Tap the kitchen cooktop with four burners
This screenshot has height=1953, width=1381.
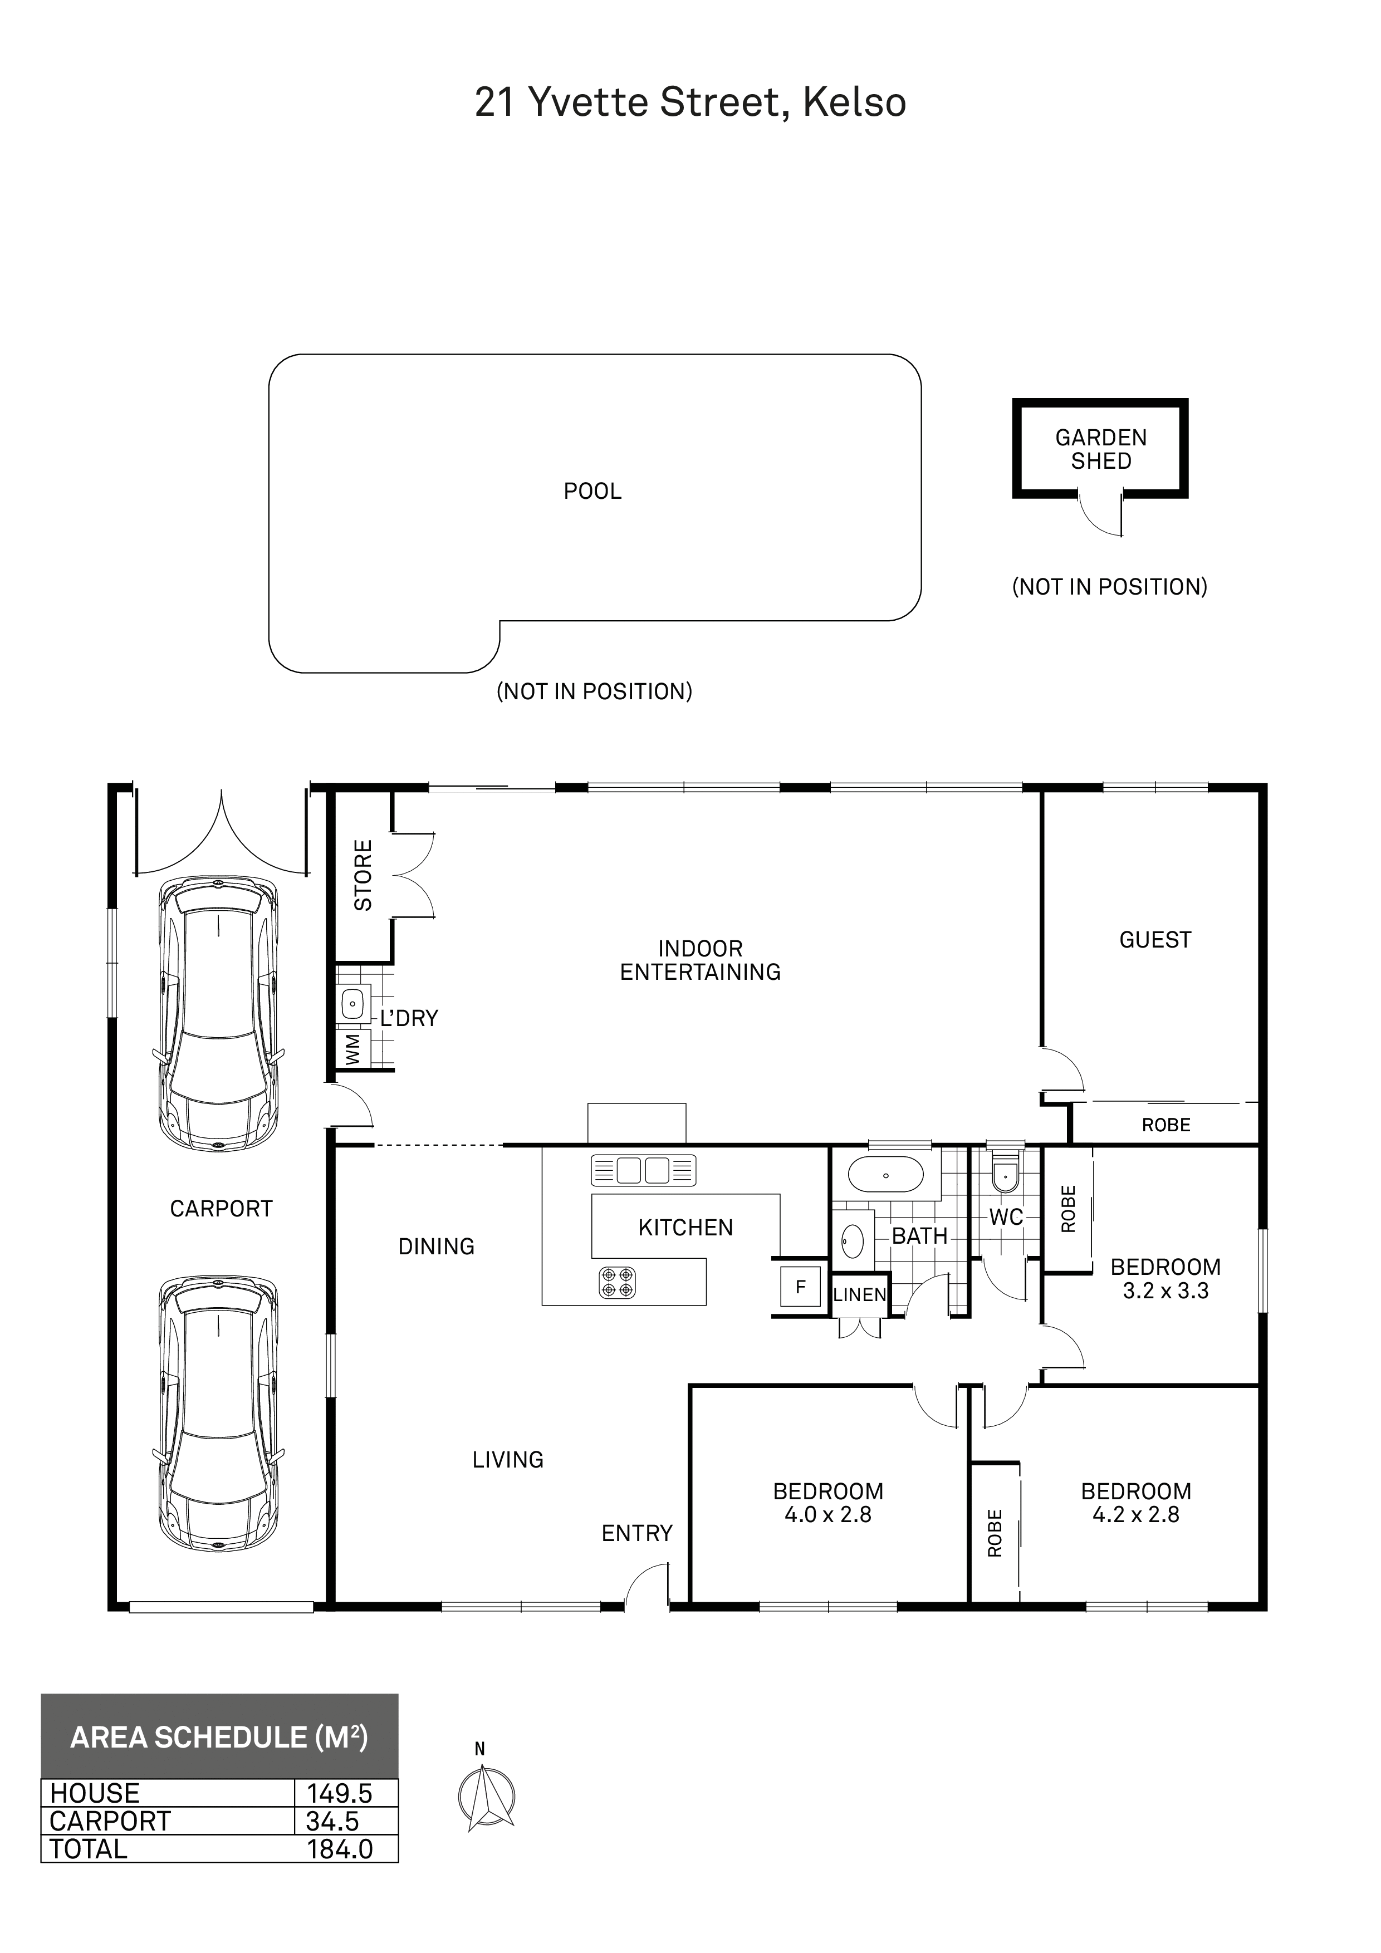[617, 1282]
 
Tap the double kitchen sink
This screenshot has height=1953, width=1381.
[643, 1170]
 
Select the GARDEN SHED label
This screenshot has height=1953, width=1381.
[1101, 449]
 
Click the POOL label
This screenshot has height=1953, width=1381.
[592, 492]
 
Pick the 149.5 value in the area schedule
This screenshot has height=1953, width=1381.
[340, 1793]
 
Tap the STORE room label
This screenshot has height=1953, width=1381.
[363, 875]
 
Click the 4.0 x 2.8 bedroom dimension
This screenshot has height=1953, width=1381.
[828, 1514]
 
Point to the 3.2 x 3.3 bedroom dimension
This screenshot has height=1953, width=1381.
[1165, 1290]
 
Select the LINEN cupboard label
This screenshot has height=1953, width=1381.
[859, 1296]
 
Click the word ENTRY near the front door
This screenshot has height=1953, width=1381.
[636, 1534]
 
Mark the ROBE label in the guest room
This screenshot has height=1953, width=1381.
[1165, 1125]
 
